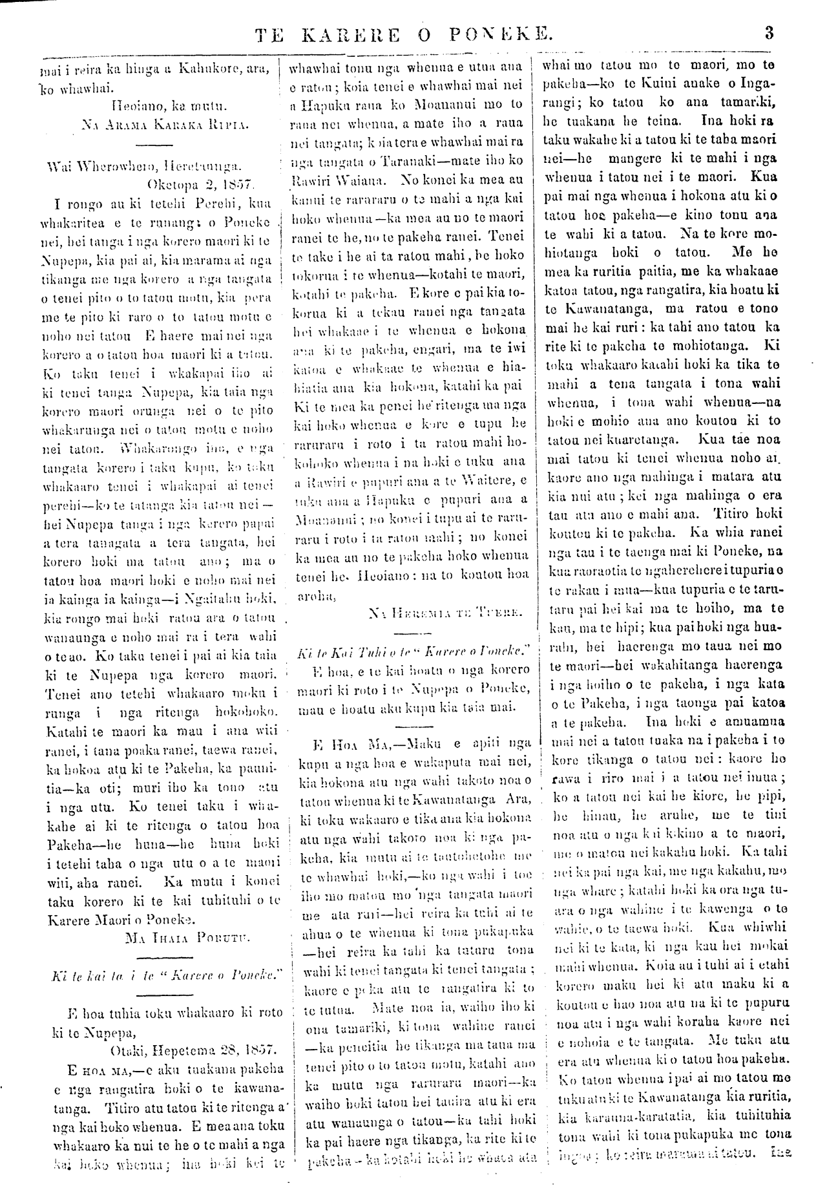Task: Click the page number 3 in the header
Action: (769, 33)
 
